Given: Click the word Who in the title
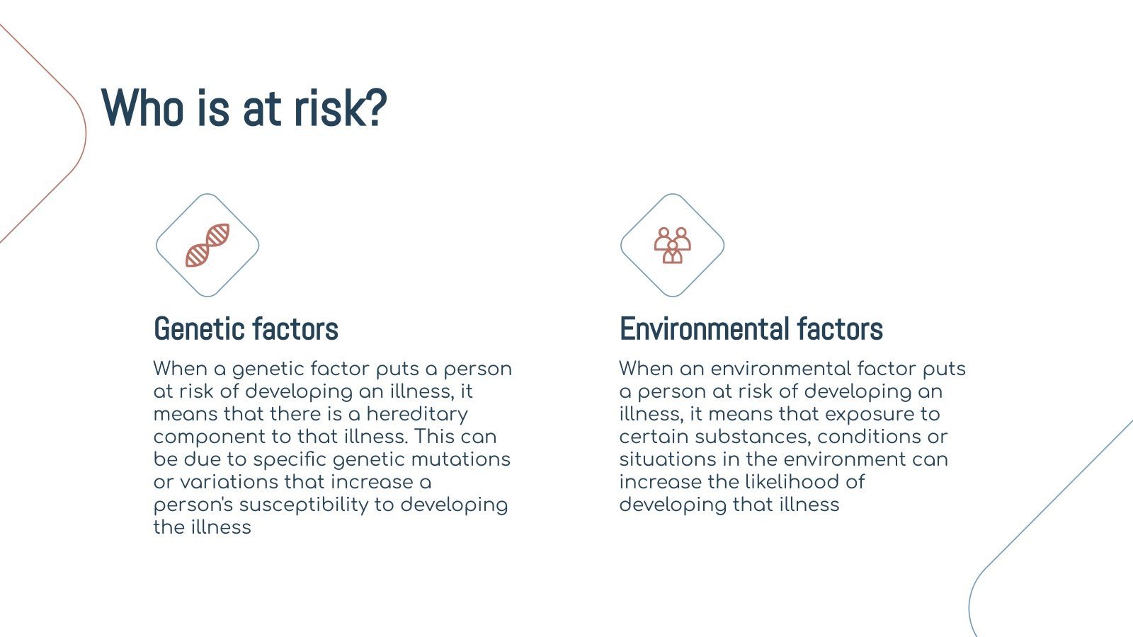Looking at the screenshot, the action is [142, 108].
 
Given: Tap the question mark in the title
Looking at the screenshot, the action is [376, 107].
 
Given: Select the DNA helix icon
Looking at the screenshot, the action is [207, 245].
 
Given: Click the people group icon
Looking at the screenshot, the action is [672, 245].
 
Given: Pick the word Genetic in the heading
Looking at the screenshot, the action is [198, 329].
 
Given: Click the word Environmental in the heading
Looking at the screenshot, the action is [704, 329].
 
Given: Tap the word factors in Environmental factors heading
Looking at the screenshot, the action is [840, 329].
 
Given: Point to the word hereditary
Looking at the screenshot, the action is [417, 415].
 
